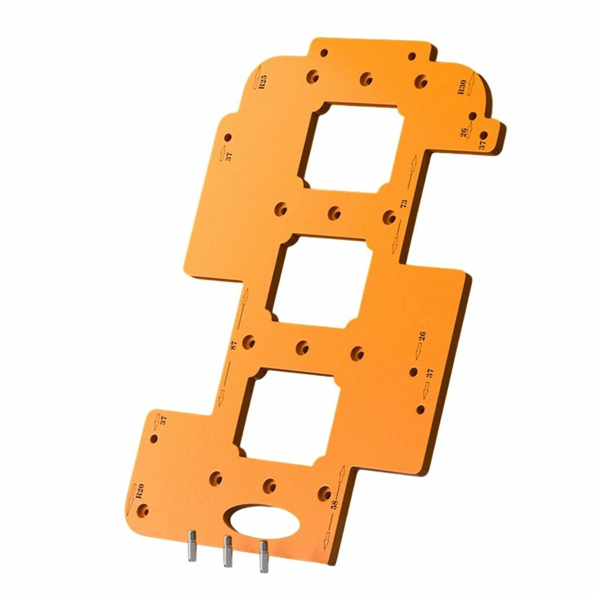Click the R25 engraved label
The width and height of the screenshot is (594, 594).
tap(263, 82)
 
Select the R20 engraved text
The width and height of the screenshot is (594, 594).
tap(140, 491)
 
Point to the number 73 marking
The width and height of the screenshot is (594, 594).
tap(404, 204)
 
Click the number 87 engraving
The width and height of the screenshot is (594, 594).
tap(234, 345)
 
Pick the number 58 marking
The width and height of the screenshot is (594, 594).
tap(334, 504)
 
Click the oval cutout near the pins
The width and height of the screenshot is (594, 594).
tap(264, 522)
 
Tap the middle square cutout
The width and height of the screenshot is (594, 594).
tap(320, 281)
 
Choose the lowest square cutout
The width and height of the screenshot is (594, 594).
tap(288, 417)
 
